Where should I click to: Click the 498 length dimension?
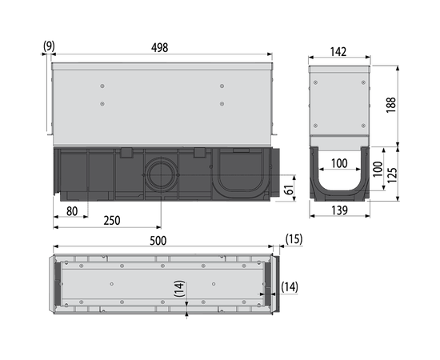pos(160,48)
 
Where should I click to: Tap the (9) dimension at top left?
pos(49,46)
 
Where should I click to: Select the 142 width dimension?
pos(338,52)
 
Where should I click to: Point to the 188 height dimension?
pos(391,105)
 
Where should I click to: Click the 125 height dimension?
pos(392,175)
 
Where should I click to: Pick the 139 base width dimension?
pos(339,210)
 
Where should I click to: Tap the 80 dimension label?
pos(72,211)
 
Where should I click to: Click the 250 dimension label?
pos(112,221)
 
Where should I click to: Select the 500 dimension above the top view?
pos(158,241)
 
